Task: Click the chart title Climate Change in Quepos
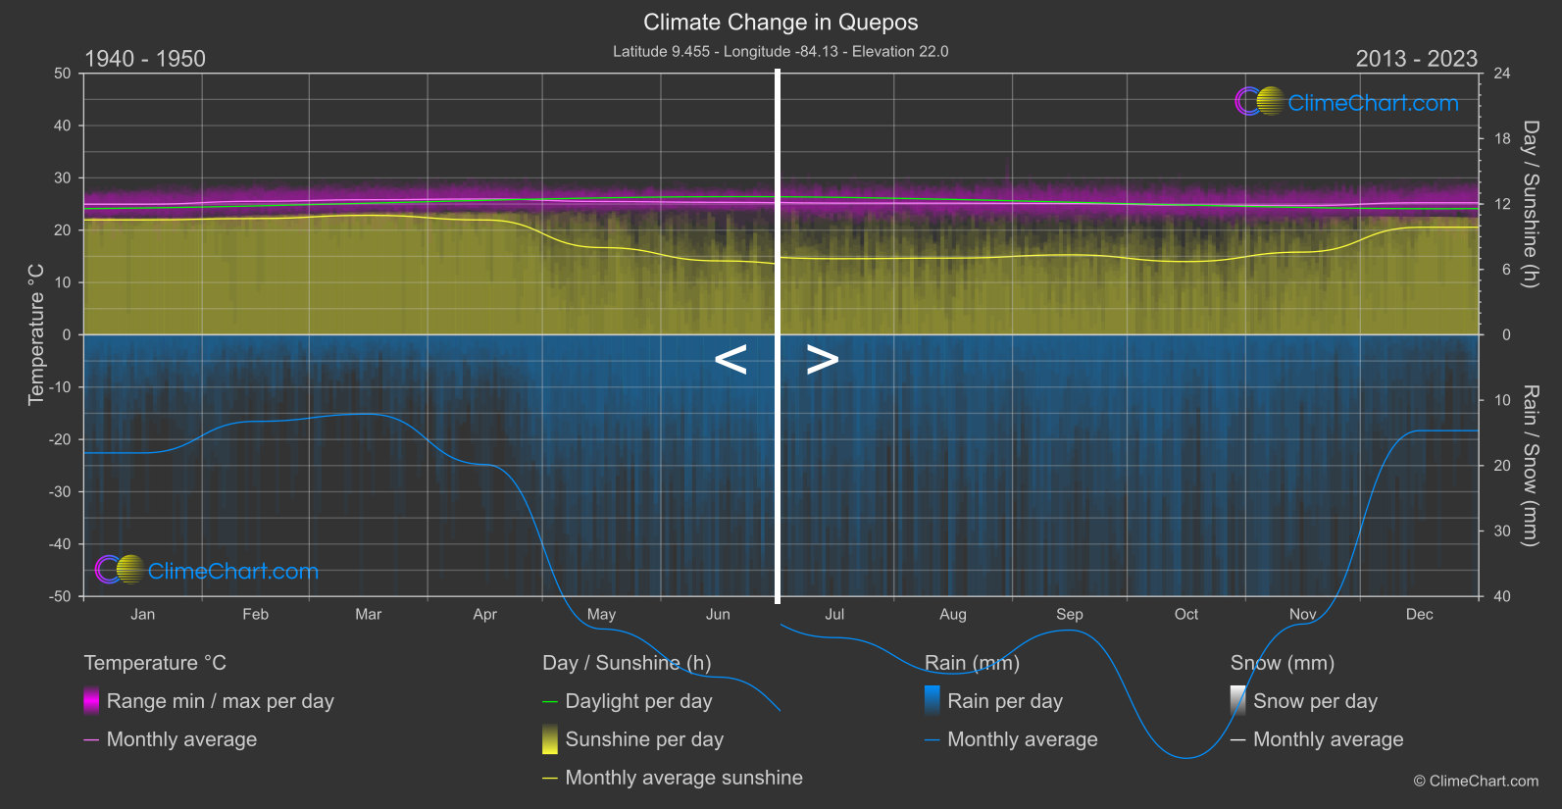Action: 781,22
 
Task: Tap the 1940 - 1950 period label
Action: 145,59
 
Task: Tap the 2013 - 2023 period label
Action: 1416,59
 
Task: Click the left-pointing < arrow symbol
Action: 731,360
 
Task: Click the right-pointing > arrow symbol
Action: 823,360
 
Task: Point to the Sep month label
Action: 1069,614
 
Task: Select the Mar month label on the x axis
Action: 368,614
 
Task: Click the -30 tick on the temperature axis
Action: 61,491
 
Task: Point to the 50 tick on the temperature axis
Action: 63,74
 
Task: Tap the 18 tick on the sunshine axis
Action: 1502,138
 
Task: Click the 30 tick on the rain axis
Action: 1502,531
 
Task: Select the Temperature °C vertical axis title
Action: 36,334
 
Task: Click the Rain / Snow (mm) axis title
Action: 1530,465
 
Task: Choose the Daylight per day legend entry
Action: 638,701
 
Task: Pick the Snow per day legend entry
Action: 1315,701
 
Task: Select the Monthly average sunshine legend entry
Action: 683,778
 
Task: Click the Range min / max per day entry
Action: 220,701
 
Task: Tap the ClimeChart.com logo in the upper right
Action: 1348,102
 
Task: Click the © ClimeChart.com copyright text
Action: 1476,782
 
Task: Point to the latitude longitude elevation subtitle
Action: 781,51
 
